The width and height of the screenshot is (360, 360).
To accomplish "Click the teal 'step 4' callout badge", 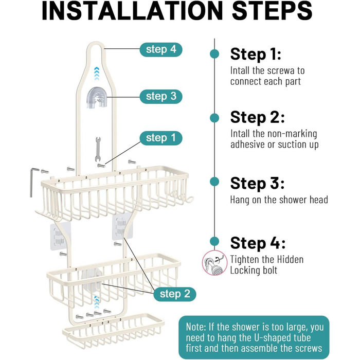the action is pos(161,49).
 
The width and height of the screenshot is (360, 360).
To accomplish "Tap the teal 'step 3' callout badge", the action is pos(161,97).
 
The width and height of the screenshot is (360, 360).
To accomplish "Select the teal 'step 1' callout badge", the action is pos(161,138).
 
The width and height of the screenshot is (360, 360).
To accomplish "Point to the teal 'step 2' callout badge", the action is pos(175,294).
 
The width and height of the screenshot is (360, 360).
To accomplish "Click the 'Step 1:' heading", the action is pos(256,55).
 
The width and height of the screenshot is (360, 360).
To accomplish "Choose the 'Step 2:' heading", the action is pos(257,118).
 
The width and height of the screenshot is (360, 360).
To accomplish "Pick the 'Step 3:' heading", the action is pos(257,184).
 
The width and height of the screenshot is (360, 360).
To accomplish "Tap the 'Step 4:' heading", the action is pos(258,243).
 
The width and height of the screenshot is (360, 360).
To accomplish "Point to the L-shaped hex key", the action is pos(33,182).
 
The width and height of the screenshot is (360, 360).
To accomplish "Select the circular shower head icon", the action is pos(214,263).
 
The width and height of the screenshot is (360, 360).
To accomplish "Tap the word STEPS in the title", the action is pos(272,11).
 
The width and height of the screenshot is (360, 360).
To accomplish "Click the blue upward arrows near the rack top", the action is pos(97,74).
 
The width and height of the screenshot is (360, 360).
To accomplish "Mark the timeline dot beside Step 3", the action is pos(214,182).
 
